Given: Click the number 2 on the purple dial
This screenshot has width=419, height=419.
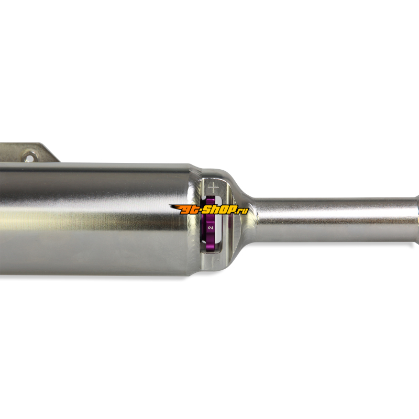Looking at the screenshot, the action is pyautogui.click(x=211, y=227).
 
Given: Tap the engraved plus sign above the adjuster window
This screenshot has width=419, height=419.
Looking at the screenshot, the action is pyautogui.click(x=214, y=188).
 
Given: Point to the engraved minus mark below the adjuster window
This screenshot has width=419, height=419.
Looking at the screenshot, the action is pyautogui.click(x=213, y=263).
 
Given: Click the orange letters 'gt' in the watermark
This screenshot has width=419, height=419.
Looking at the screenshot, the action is pyautogui.click(x=191, y=210).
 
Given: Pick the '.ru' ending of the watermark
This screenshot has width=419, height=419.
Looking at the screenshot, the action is pyautogui.click(x=242, y=211).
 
